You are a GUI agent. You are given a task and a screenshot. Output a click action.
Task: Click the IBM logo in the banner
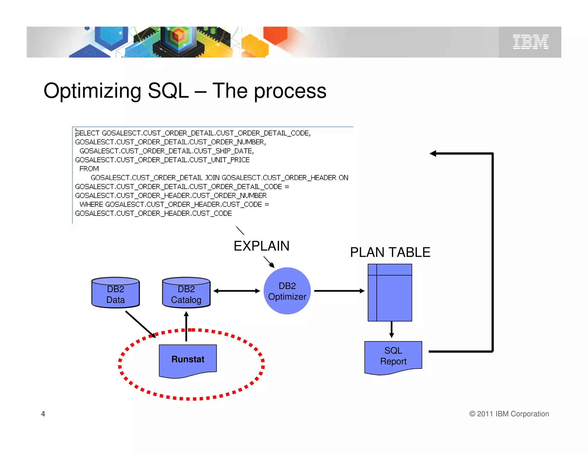tap(530, 42)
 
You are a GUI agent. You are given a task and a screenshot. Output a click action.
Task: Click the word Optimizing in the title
tap(92, 91)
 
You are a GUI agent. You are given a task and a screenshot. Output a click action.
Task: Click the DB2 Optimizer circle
tap(287, 291)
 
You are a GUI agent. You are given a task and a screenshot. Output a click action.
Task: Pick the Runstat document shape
tap(188, 360)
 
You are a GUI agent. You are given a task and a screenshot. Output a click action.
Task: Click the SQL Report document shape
tap(393, 356)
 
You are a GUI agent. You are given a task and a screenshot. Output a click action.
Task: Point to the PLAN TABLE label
tap(390, 253)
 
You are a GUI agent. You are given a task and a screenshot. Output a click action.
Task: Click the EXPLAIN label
tap(261, 246)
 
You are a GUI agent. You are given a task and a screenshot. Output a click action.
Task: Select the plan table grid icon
tap(390, 293)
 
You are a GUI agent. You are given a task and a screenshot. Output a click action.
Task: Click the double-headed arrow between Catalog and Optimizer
tap(237, 291)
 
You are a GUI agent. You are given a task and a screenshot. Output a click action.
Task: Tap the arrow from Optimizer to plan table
tap(339, 291)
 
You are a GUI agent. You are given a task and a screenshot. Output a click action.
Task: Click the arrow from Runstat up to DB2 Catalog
tap(186, 327)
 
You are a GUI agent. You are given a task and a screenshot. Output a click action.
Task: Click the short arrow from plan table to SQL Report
tap(391, 329)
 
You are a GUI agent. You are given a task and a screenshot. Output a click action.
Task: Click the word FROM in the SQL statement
tap(89, 169)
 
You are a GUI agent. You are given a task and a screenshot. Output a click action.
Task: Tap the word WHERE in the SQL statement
tap(91, 204)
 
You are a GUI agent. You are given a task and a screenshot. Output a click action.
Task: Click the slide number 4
tap(43, 414)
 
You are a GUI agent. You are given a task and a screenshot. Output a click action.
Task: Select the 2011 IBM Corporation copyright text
tap(509, 414)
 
